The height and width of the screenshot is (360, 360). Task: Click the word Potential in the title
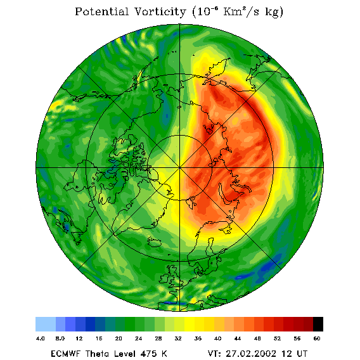(101, 11)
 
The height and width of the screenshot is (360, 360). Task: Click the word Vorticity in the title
(160, 11)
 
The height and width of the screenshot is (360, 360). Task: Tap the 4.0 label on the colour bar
(41, 338)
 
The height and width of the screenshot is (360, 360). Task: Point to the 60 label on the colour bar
(317, 338)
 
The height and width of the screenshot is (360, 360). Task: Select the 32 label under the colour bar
(178, 338)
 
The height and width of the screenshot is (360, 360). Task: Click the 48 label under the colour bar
(257, 338)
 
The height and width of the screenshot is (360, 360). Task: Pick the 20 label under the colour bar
(119, 338)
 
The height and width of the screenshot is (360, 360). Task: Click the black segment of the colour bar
(318, 324)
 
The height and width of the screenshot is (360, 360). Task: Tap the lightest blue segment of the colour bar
(46, 324)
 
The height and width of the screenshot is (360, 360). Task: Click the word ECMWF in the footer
(66, 354)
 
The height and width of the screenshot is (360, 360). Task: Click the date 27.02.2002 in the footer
(251, 354)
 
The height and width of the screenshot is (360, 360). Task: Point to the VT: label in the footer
(214, 354)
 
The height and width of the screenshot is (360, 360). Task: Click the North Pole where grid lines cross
(180, 168)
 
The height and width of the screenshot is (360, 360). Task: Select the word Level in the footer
(125, 354)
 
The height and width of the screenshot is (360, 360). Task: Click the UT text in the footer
(301, 354)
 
